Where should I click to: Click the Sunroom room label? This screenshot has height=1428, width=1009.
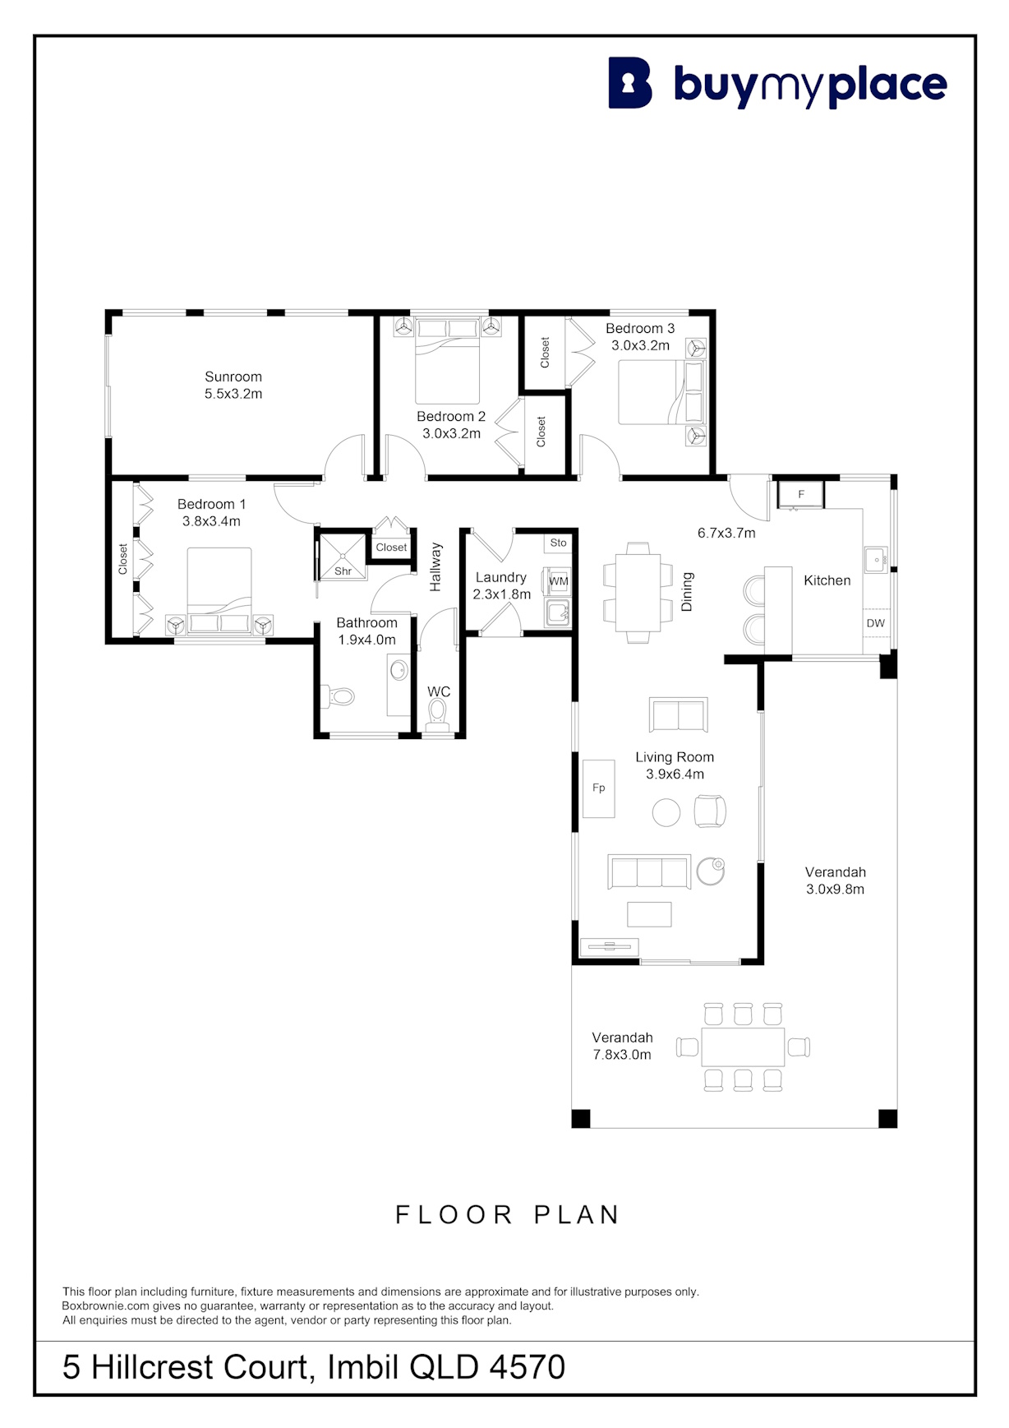[233, 377]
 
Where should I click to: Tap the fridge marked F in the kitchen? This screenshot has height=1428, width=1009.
[801, 495]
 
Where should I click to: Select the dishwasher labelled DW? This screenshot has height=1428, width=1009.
[876, 623]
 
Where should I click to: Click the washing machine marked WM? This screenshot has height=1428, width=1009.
[558, 580]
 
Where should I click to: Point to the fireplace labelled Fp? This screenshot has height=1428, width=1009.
[599, 788]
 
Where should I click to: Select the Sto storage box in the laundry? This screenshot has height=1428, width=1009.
[558, 543]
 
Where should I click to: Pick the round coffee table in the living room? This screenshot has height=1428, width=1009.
[666, 813]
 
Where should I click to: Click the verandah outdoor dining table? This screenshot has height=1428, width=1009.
[743, 1047]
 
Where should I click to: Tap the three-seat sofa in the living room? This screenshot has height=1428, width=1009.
[649, 872]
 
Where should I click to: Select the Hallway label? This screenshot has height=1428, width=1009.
[436, 566]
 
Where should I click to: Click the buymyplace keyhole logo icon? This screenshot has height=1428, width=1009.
[630, 83]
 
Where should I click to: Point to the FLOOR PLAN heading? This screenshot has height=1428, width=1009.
[507, 1214]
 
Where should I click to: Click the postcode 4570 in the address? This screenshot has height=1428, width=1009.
[528, 1367]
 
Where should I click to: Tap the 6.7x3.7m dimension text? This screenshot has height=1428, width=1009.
[726, 533]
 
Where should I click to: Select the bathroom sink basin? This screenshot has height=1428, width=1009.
[399, 670]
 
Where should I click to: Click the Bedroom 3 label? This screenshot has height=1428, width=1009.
[640, 328]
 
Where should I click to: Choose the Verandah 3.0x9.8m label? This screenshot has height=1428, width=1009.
[836, 880]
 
